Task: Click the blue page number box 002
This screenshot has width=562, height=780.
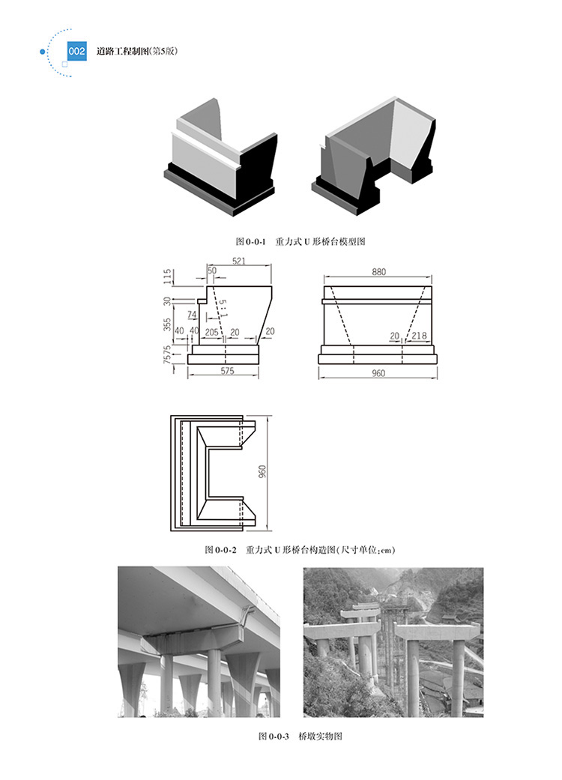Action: tap(76, 51)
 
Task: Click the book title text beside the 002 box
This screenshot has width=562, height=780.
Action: tap(137, 51)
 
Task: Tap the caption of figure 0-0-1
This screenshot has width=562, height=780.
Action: tap(300, 242)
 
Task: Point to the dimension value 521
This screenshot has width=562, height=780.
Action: tap(239, 261)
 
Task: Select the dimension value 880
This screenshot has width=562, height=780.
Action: tap(378, 271)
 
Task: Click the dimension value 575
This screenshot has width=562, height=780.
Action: tap(227, 371)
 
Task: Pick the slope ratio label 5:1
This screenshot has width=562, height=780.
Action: tap(223, 309)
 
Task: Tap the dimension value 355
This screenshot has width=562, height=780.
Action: tap(168, 325)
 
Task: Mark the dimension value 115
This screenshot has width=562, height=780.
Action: tap(168, 276)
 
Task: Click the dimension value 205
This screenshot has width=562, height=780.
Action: tap(211, 332)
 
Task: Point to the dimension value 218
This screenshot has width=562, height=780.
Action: tap(420, 335)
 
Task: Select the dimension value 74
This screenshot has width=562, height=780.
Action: tap(192, 315)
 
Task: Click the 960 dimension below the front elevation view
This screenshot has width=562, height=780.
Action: tap(378, 374)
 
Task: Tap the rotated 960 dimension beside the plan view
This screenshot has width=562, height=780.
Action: tap(262, 472)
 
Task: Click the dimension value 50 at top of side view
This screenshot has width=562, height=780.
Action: tap(212, 270)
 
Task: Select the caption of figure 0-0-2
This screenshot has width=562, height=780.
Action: tap(300, 550)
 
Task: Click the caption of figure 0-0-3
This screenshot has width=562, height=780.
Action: tap(300, 737)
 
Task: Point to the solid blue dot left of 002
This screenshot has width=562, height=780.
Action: tap(43, 51)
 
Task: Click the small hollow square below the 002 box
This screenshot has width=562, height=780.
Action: tap(64, 64)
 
